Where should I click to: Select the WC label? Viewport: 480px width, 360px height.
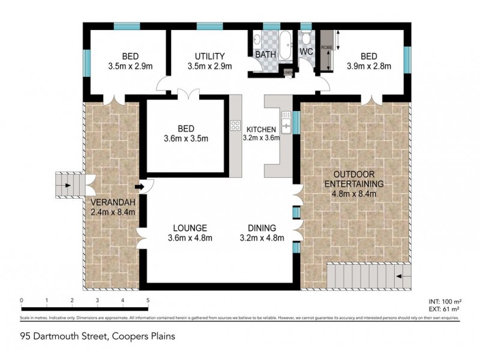(x=306, y=52)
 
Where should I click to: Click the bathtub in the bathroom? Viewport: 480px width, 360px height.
(x=285, y=44)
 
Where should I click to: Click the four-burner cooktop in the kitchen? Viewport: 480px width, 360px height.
(x=235, y=126)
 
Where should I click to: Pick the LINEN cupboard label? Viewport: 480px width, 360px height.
(x=289, y=73)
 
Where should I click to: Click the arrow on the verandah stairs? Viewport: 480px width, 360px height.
(x=68, y=185)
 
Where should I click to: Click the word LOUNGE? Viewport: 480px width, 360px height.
(x=190, y=228)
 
